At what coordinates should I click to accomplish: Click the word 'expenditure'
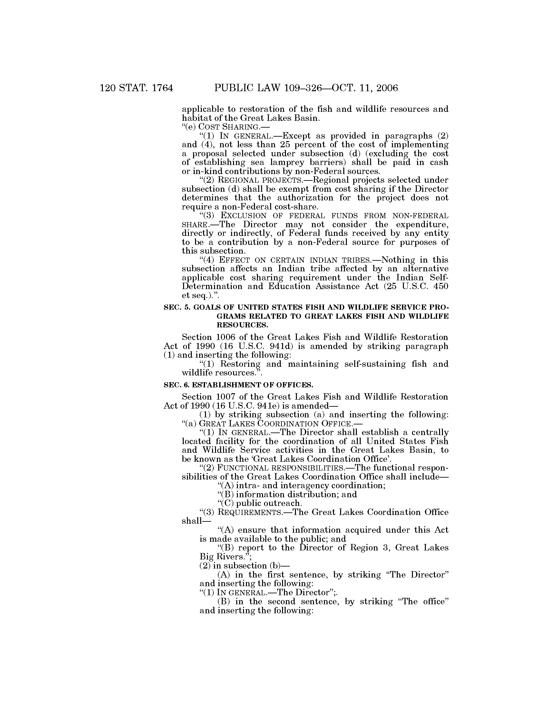click(421, 224)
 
